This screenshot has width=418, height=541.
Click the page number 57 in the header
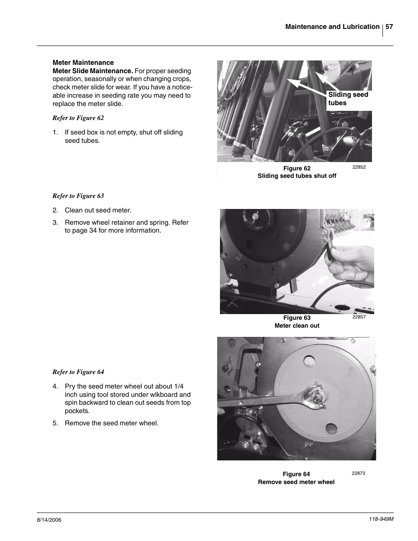[389, 27]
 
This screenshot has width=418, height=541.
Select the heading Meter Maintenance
[83, 63]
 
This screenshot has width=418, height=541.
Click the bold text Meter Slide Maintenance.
[92, 71]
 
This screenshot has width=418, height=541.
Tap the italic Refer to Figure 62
[78, 118]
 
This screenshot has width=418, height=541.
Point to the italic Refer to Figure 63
[78, 196]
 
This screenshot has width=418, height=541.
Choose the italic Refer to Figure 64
[78, 372]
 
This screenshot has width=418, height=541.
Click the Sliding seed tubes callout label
[348, 99]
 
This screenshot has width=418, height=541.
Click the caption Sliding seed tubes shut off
[297, 176]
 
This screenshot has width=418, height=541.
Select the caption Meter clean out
[297, 325]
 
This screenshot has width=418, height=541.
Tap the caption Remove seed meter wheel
[296, 482]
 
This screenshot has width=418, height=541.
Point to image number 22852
[358, 167]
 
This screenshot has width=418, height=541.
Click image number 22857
[358, 317]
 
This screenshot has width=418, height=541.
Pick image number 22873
[358, 473]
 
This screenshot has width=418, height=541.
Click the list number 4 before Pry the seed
[55, 386]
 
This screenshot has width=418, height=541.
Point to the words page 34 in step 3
[85, 230]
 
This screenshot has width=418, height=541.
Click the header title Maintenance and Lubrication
[332, 27]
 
